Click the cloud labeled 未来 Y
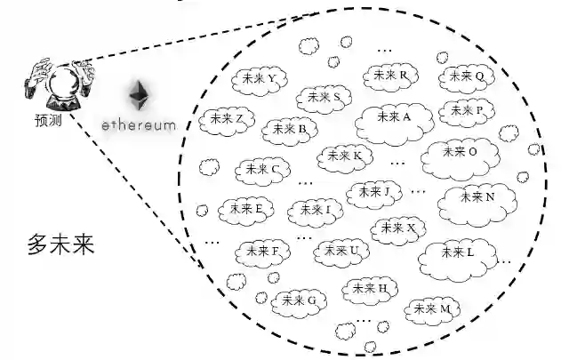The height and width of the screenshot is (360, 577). point(259,79)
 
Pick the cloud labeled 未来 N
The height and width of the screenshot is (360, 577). point(477,197)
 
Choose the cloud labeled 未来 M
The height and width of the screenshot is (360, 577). point(434,308)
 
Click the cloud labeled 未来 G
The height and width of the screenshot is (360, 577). point(299,301)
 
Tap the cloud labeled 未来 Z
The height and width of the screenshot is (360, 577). point(228,119)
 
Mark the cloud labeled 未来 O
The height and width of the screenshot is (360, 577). point(460,152)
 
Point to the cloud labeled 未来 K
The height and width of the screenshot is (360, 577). point(344,156)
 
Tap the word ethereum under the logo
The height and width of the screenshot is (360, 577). point(139,126)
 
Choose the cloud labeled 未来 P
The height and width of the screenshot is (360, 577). point(466,111)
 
